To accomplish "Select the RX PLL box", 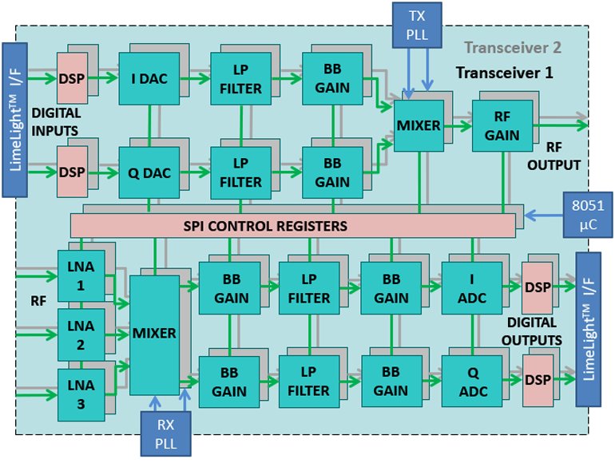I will tap(166, 433).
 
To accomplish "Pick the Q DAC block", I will tap(149, 172).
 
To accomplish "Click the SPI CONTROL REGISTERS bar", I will tap(292, 226).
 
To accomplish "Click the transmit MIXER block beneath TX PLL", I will tap(419, 125).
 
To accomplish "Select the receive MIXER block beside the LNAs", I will tap(154, 333).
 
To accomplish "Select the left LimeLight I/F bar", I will tap(15, 120).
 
